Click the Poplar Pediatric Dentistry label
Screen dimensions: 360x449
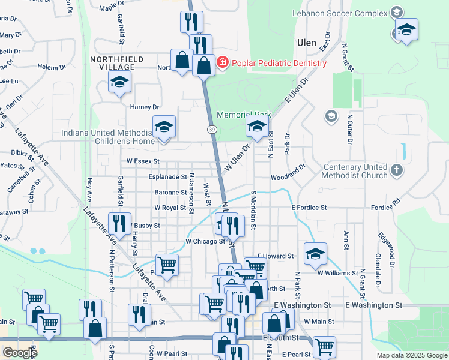(279, 63)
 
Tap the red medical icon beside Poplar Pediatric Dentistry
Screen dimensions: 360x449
(223, 62)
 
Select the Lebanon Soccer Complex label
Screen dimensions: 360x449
(340, 13)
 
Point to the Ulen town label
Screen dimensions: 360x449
(307, 43)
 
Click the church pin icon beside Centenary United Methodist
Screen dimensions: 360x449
(396, 170)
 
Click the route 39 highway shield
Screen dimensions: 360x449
(212, 130)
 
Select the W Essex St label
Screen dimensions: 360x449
(143, 161)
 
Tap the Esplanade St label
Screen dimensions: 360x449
(167, 177)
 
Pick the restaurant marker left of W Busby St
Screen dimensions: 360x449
(119, 223)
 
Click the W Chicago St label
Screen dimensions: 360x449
(205, 241)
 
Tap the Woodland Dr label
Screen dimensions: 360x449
(288, 177)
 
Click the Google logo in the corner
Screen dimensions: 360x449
(20, 353)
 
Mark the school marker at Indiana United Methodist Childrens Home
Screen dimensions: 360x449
(164, 127)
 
